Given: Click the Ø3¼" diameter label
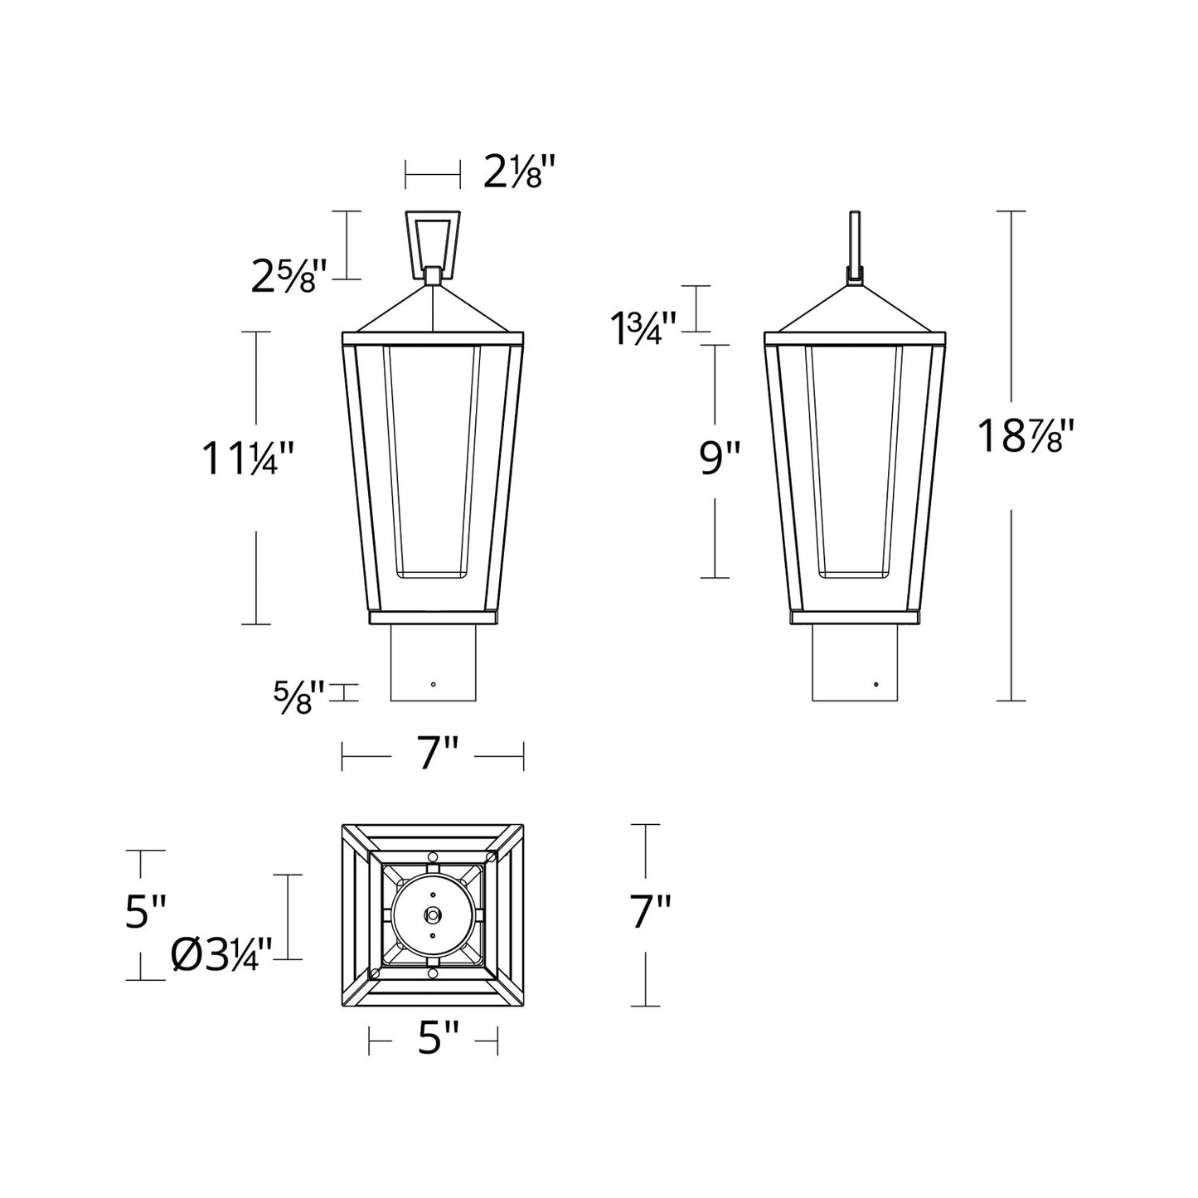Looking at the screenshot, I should [x=222, y=956].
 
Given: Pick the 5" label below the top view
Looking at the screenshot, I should [x=437, y=1038].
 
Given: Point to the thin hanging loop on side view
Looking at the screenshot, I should [x=854, y=240].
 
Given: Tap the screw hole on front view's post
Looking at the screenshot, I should [x=433, y=685].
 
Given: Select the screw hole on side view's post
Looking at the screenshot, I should [x=876, y=685].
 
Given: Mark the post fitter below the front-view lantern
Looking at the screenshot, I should [x=433, y=663].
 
